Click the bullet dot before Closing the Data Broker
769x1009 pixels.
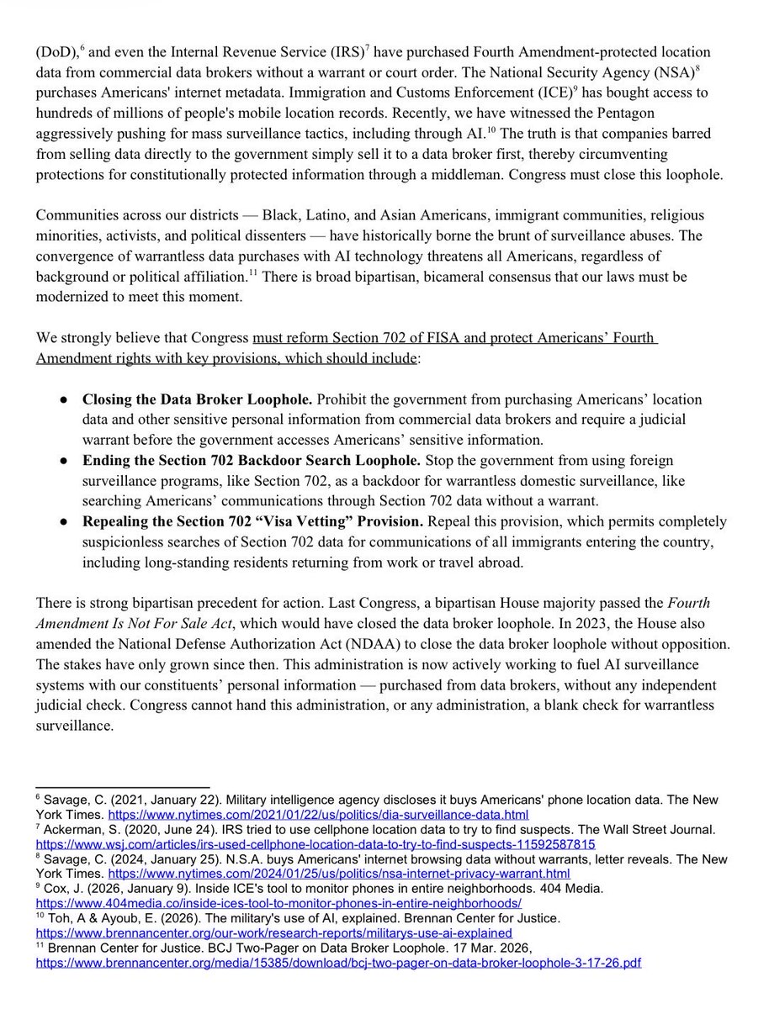pos(61,400)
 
